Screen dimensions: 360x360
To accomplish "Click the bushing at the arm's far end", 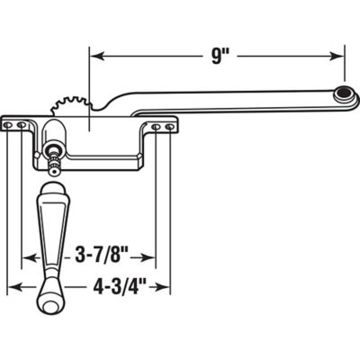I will tap(342, 94).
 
